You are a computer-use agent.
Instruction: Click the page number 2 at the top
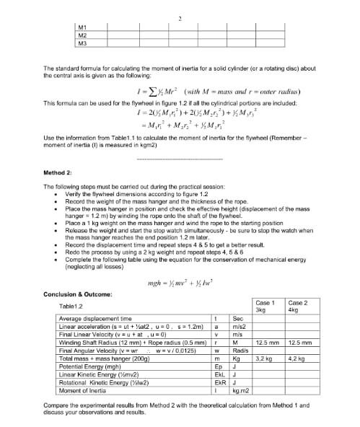179,17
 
